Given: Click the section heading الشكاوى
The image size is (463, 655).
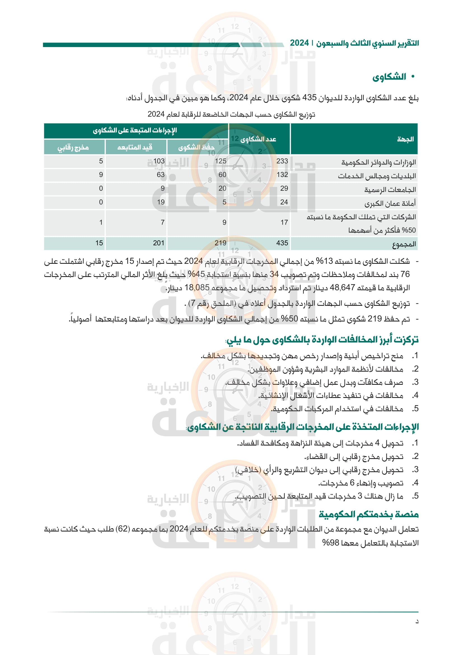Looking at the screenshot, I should tap(389, 77).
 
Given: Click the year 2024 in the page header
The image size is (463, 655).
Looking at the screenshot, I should tap(299, 43).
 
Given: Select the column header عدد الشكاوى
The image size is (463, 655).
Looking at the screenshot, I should tap(258, 139).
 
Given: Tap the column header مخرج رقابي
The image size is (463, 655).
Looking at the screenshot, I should tap(73, 147).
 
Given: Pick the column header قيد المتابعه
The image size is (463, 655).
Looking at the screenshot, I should tap(135, 147).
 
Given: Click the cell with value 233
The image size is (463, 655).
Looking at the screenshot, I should tap(282, 161).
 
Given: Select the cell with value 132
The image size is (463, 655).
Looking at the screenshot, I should tap(282, 174).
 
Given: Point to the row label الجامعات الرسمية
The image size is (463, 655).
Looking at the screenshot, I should tap(390, 189).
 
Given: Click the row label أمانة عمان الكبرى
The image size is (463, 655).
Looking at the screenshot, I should tap(390, 203).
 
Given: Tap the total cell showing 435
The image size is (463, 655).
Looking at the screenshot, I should tap(282, 243).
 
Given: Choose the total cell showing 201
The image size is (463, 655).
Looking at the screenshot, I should tap(158, 243).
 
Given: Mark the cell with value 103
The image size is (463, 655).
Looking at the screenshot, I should tap(159, 161).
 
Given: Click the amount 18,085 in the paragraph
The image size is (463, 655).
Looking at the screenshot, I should tap(197, 288).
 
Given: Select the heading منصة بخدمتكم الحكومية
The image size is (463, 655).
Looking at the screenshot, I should tap(368, 514).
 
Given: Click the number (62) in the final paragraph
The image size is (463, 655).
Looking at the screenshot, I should tap(123, 529).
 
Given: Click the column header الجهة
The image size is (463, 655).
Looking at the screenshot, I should tap(405, 139).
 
